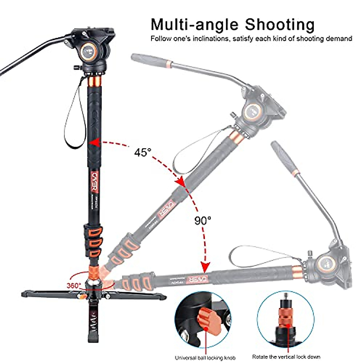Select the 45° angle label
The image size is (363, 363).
(142, 152)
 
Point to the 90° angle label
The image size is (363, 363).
(203, 220)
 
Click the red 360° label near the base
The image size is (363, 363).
(74, 285)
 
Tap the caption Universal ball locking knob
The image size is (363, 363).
(206, 358)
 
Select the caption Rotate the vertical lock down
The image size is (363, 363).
(286, 357)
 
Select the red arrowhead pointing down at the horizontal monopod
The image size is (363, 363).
(206, 267)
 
